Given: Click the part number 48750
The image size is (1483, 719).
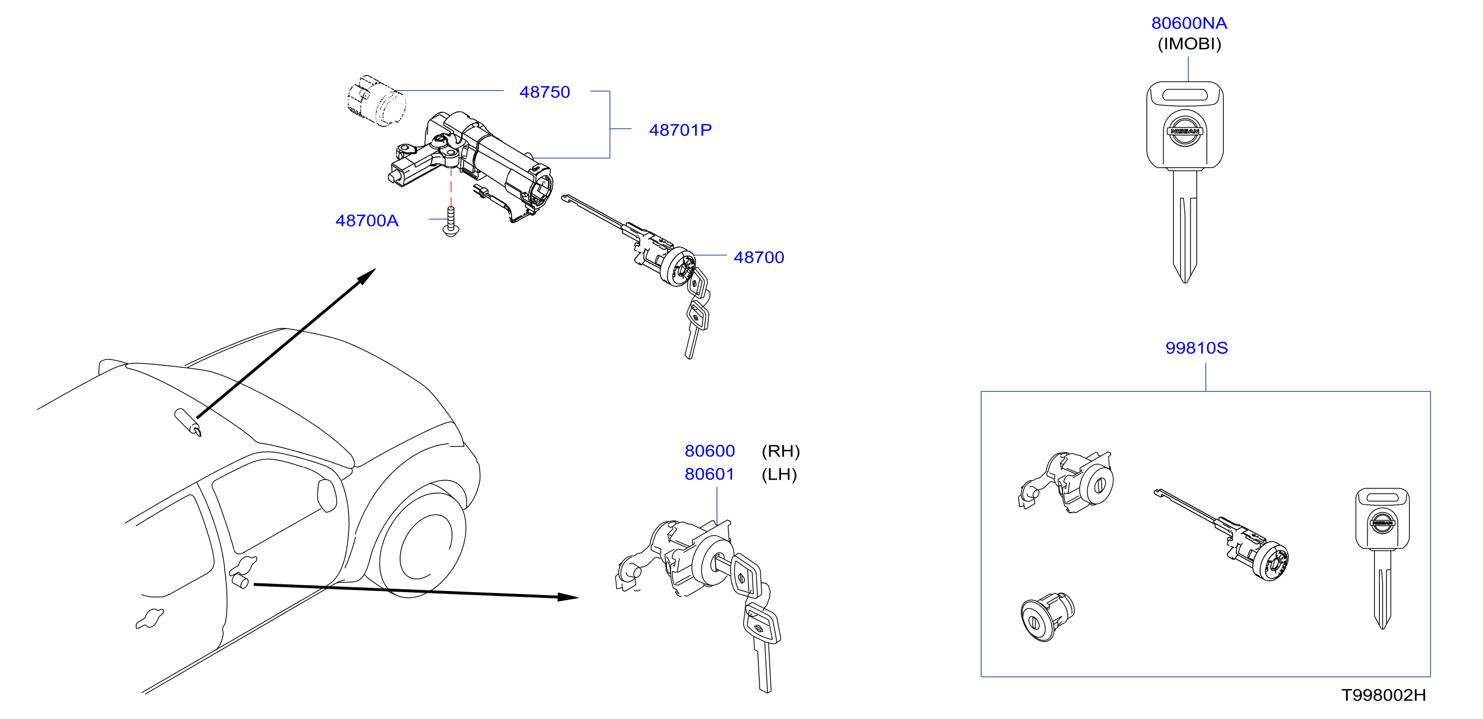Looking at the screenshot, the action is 544,92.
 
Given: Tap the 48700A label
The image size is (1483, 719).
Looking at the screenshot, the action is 367,220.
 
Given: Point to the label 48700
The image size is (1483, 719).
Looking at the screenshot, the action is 759,257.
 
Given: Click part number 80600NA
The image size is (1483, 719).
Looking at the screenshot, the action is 1189,23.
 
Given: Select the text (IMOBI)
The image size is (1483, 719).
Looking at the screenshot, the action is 1189,44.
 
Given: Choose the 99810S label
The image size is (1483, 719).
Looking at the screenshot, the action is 1196,348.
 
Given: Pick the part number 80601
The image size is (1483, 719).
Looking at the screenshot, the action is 709,474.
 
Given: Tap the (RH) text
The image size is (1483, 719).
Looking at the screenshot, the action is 781,452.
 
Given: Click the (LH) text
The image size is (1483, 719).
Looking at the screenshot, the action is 779,474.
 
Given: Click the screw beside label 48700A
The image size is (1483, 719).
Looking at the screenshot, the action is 451,222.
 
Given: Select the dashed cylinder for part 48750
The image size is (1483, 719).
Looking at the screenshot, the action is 376,100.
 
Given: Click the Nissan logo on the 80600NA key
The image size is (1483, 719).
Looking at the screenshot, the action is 1185,131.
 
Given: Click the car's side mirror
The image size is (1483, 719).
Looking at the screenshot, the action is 327,495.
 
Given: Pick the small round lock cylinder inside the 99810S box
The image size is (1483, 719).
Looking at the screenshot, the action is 1047,617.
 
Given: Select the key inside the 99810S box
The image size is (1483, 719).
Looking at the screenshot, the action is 1382,559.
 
